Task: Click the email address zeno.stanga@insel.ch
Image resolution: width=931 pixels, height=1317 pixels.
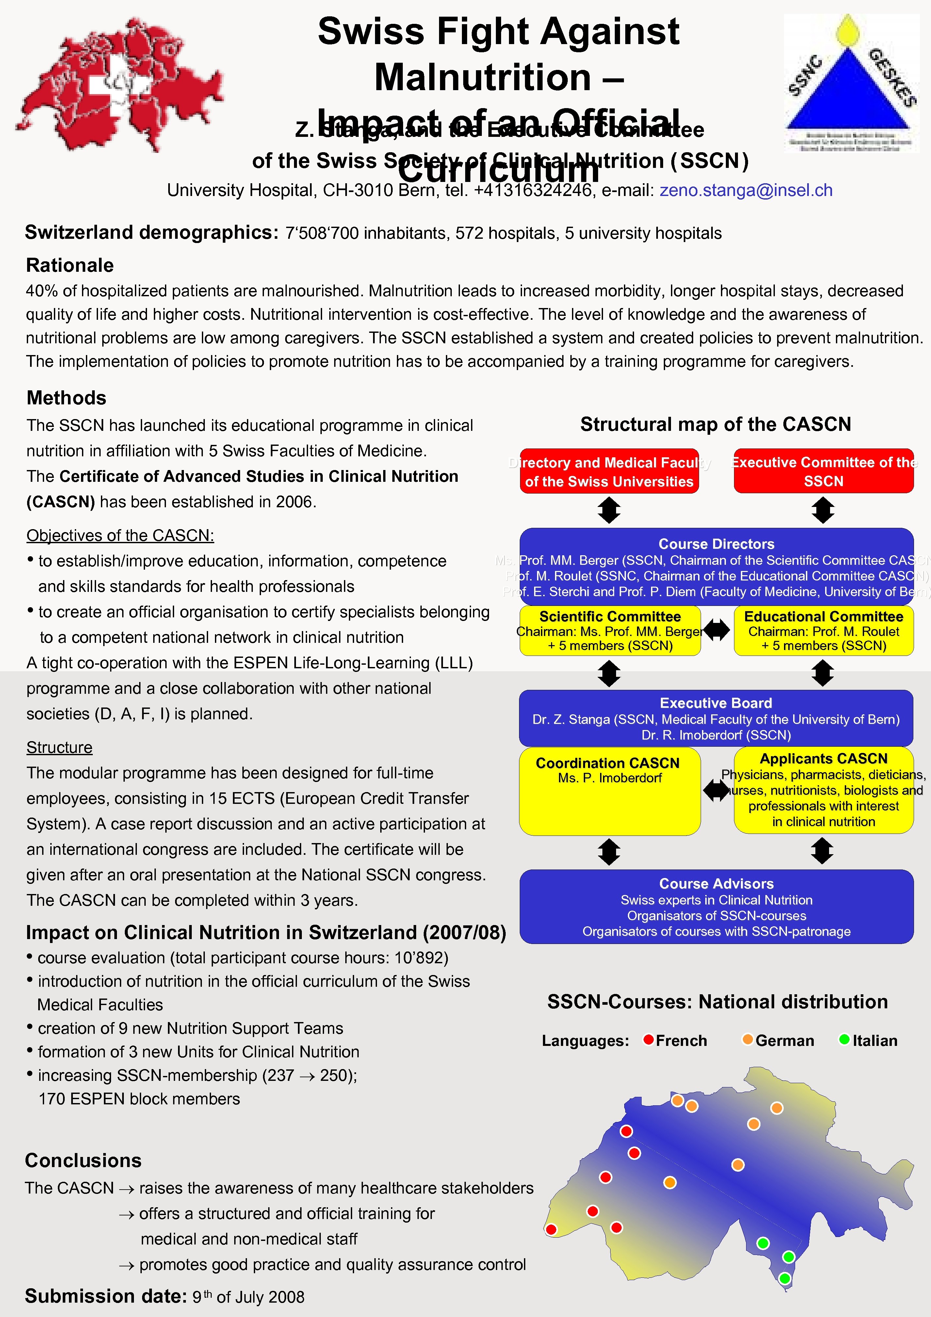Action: pos(746,190)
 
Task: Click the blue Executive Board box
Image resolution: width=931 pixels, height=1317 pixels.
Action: pos(716,718)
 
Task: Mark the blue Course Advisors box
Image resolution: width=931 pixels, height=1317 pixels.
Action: pos(716,906)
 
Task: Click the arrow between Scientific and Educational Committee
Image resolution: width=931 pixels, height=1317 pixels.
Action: pos(716,630)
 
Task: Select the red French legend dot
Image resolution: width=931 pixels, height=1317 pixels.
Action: pos(649,1039)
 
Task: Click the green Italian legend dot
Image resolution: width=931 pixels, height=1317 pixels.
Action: pos(844,1039)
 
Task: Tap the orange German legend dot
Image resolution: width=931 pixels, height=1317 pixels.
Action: pos(747,1039)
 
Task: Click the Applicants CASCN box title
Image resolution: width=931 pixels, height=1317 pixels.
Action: pos(823,759)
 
